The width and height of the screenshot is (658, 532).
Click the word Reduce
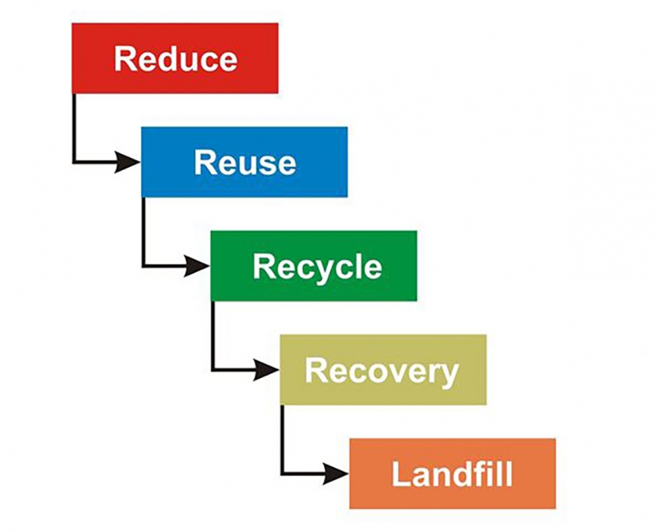pos(175,59)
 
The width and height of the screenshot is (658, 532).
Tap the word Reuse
pos(245,163)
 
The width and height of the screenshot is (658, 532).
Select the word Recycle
pos(317,267)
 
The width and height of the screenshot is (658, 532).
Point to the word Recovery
pos(382,371)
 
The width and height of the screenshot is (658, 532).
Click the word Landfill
pos(452,474)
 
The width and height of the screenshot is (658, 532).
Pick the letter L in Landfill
pos(399,474)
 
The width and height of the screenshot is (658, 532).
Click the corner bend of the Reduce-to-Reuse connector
pos(74,163)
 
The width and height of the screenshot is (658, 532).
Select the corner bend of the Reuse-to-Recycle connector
pos(143,267)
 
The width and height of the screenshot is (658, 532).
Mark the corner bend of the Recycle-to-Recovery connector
pos(213,370)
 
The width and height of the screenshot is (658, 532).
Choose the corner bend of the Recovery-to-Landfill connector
pos(282,473)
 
